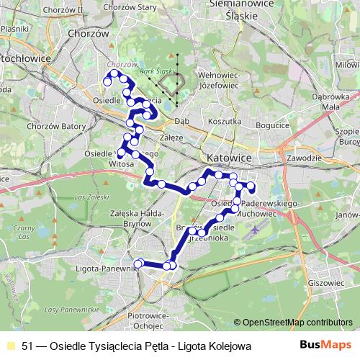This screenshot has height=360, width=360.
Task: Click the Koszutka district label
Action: point(225,122)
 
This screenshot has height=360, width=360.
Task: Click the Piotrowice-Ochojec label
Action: point(148,320)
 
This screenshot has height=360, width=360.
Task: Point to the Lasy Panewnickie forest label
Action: point(71,309)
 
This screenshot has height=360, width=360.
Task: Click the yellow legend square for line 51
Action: point(10,346)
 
